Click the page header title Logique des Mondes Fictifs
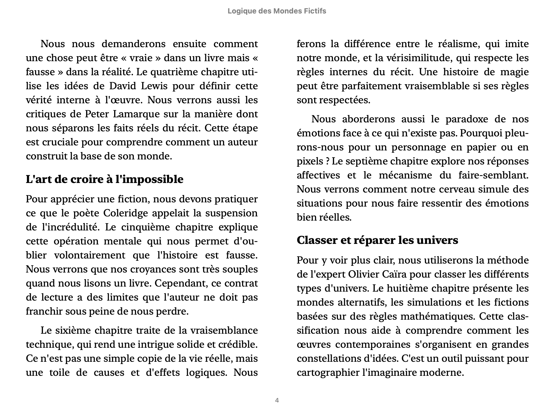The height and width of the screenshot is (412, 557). tap(277, 11)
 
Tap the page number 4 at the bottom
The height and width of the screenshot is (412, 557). tap(277, 400)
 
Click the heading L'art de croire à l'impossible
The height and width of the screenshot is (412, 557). tap(104, 179)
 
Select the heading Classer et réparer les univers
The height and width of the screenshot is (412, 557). tap(377, 240)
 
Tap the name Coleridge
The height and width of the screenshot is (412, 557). tap(125, 213)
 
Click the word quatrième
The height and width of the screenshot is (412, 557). tap(175, 72)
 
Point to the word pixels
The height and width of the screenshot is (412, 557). tap(310, 161)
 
